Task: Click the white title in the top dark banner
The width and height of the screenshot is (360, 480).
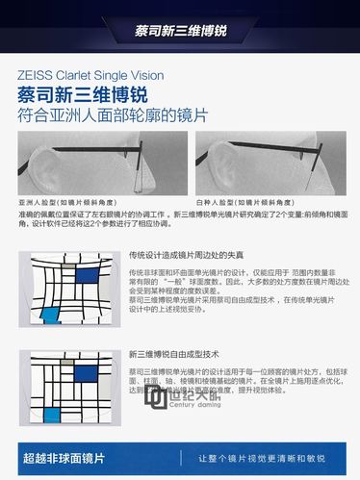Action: click(180, 27)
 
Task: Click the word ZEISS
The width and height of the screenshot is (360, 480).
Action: click(36, 73)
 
